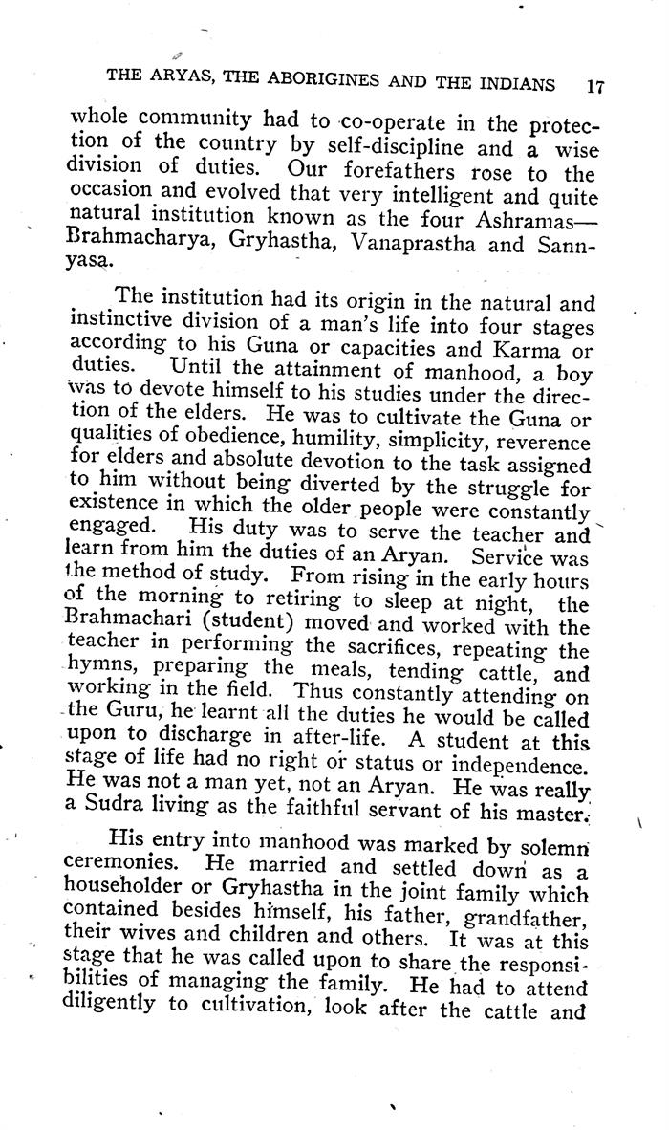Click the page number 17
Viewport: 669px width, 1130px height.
tap(594, 84)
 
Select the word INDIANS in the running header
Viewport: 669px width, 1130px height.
tap(509, 83)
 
